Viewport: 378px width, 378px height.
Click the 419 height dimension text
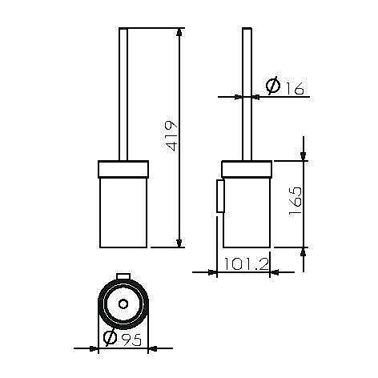171,136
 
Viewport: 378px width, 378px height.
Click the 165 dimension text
296,200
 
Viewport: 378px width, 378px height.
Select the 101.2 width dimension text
246,264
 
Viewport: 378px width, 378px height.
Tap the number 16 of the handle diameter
295,88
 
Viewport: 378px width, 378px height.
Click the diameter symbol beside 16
273,86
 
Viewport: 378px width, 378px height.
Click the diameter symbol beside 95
110,337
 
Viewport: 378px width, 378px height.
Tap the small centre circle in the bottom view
123,304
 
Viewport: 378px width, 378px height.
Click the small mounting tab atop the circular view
123,276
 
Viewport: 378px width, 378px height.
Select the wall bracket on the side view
220,196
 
